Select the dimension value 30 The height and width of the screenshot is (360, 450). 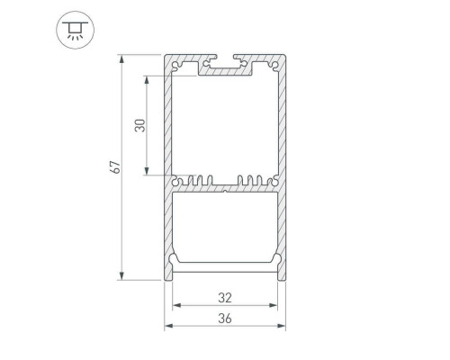(139, 124)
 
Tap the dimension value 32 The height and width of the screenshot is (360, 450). (224, 297)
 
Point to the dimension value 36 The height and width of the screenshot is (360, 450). (224, 319)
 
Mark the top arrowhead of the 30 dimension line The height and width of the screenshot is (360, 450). (147, 76)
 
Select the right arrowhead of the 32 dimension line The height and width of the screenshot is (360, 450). (274, 305)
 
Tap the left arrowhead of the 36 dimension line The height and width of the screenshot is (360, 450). (167, 327)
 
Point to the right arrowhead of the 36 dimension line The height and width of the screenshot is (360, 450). (282, 327)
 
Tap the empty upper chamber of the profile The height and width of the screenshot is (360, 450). (224, 126)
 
